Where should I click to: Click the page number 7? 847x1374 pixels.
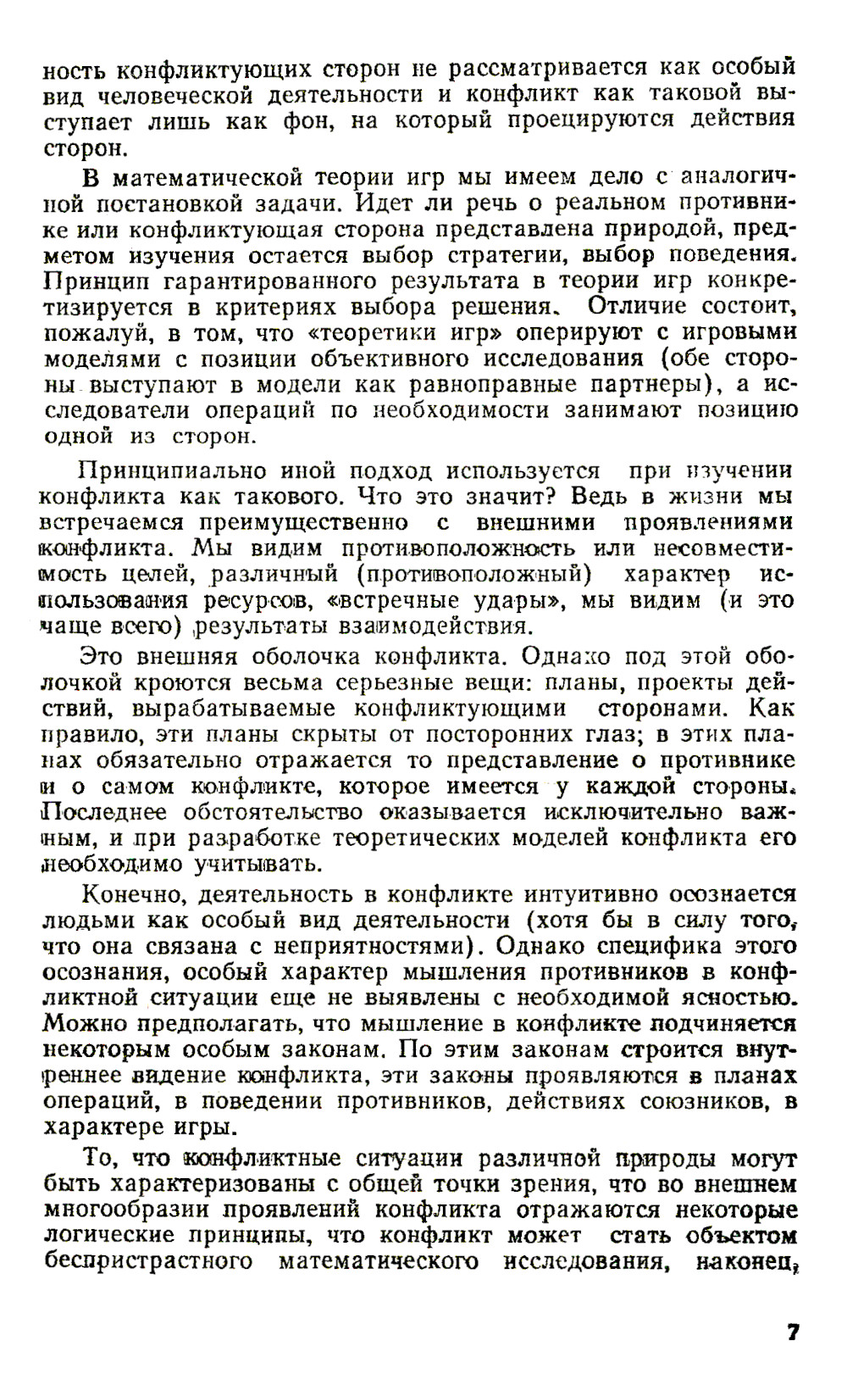tap(793, 1331)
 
